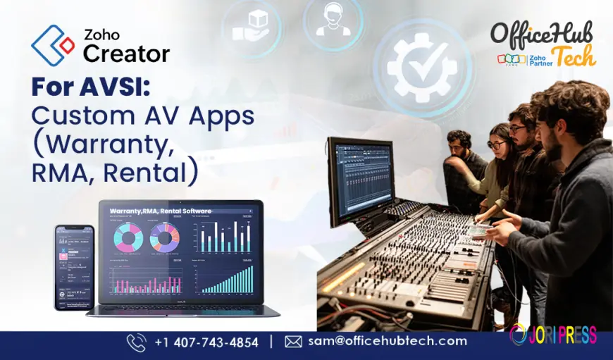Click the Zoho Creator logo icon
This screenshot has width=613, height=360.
click(x=52, y=46)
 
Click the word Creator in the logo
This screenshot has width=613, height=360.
click(x=127, y=54)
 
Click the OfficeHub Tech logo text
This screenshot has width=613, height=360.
click(x=541, y=37)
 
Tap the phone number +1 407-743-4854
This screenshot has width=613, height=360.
click(x=206, y=342)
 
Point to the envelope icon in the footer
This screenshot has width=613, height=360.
click(x=293, y=342)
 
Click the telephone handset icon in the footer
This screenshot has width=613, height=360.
click(x=137, y=342)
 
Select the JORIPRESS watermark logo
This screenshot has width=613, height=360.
click(x=552, y=334)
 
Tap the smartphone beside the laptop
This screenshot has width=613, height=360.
click(x=75, y=268)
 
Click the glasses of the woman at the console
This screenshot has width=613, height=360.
click(x=496, y=144)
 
